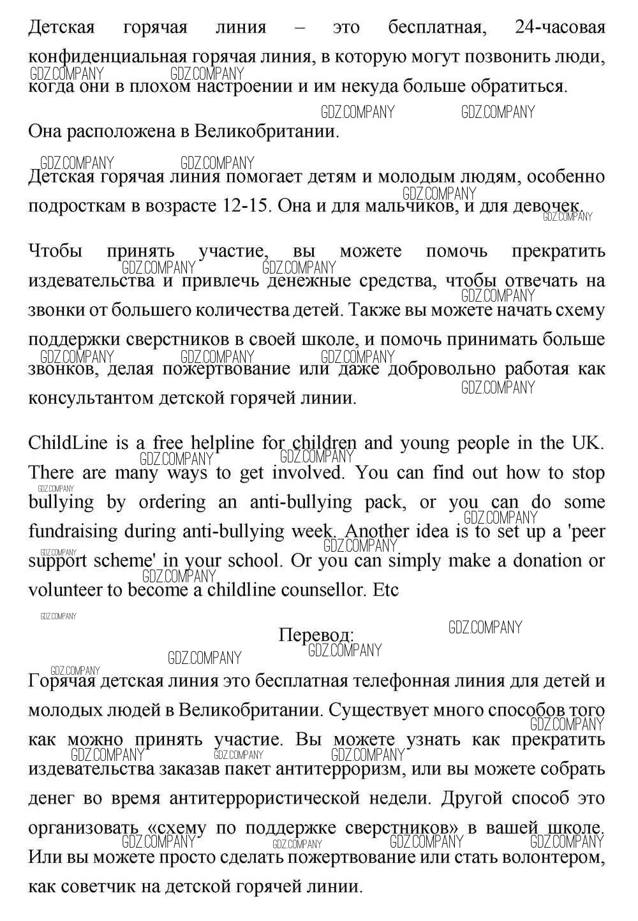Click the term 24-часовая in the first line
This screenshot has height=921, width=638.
tap(560, 28)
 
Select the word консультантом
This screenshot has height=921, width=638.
tap(89, 398)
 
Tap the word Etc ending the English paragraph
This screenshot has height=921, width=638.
tap(385, 590)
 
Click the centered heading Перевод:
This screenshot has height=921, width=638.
tap(316, 635)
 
